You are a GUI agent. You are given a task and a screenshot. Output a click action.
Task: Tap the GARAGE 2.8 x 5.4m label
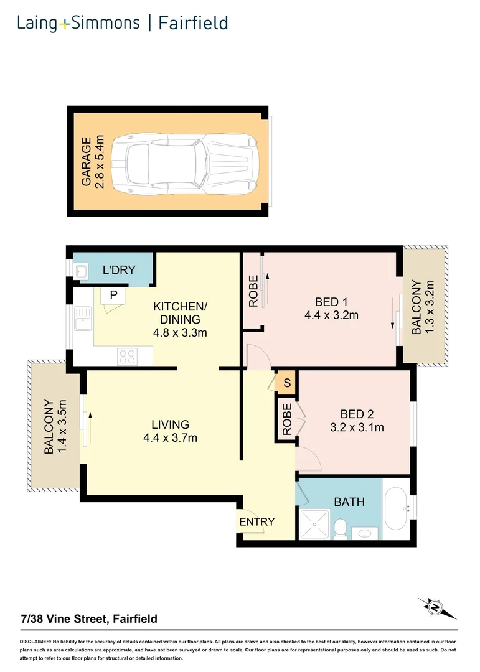click(93, 162)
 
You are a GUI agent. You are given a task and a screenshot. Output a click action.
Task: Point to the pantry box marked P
click(113, 295)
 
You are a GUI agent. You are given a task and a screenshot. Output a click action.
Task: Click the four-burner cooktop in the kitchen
click(128, 357)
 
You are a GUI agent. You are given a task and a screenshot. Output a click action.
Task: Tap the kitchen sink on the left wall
click(82, 323)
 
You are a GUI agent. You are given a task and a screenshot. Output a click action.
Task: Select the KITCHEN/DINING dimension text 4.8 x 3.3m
click(180, 332)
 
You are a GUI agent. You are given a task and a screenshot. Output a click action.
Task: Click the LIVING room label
click(171, 425)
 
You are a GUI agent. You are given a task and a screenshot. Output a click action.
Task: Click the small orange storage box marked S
click(287, 383)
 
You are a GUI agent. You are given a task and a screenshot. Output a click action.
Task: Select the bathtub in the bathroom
click(396, 510)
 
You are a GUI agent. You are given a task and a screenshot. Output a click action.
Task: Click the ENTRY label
click(256, 522)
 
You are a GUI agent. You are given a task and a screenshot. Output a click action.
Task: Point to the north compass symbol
click(436, 607)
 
